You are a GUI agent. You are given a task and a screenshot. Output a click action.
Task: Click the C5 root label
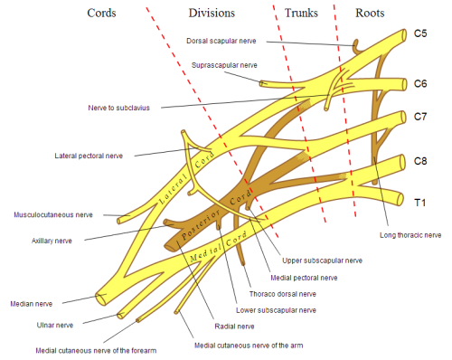(x=420, y=33)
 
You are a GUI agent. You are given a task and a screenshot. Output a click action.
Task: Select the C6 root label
(x=420, y=84)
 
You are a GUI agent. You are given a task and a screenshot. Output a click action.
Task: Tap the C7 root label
(x=420, y=118)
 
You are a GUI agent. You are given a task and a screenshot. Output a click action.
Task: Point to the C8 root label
(x=420, y=161)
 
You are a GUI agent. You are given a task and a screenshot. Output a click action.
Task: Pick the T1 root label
(x=419, y=203)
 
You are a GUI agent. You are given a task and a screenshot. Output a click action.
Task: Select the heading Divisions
(x=212, y=14)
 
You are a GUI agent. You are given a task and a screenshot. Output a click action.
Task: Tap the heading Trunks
(x=302, y=14)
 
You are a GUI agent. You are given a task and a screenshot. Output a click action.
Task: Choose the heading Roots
(x=370, y=14)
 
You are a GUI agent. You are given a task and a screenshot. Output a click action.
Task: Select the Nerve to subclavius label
(x=130, y=107)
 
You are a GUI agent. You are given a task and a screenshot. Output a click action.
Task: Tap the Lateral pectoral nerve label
(x=94, y=156)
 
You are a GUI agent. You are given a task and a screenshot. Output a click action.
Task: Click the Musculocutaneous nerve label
(x=53, y=215)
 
